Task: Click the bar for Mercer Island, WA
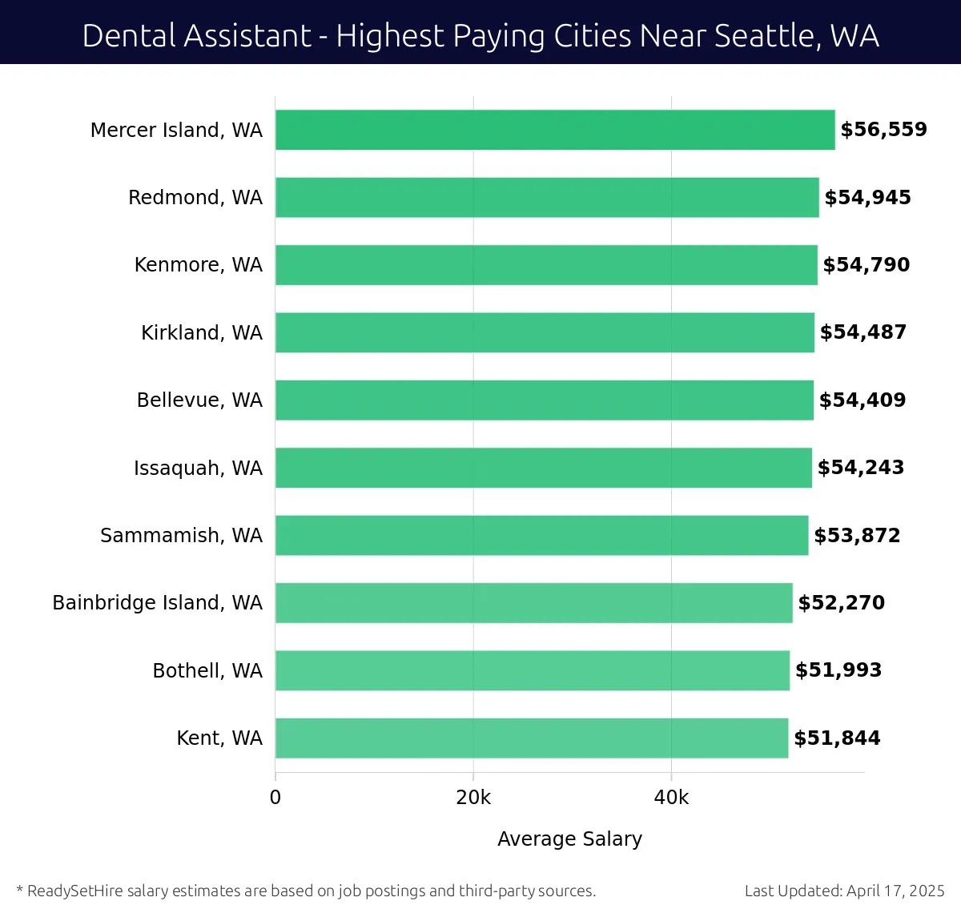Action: click(x=555, y=130)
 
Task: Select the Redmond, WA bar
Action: click(x=547, y=198)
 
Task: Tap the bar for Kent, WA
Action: click(x=532, y=738)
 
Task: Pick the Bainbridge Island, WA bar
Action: click(x=534, y=603)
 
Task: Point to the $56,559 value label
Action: click(x=883, y=130)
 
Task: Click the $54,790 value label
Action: click(x=867, y=265)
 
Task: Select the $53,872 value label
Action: click(x=857, y=536)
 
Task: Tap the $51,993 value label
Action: click(x=838, y=670)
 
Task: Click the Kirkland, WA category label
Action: click(x=202, y=333)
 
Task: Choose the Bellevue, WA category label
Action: click(x=199, y=400)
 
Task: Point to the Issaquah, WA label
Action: click(x=198, y=469)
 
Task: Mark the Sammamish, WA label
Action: click(x=181, y=536)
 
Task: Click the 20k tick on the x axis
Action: click(x=473, y=798)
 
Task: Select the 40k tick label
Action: click(x=671, y=798)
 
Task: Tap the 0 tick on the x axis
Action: click(x=275, y=798)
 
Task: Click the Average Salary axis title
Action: click(x=569, y=839)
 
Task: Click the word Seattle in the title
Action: click(x=764, y=36)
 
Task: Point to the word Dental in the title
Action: click(x=127, y=36)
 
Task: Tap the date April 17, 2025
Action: click(x=895, y=891)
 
